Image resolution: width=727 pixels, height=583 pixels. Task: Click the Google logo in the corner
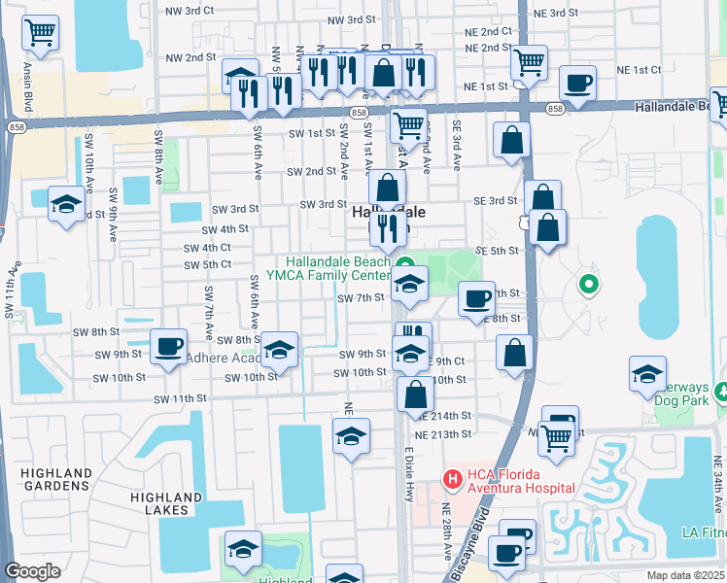coord(32,571)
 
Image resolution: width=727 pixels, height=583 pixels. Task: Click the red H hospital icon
coord(452,478)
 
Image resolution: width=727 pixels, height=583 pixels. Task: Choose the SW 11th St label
coord(180,398)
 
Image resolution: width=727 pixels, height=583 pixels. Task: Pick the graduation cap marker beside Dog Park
coord(647,374)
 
